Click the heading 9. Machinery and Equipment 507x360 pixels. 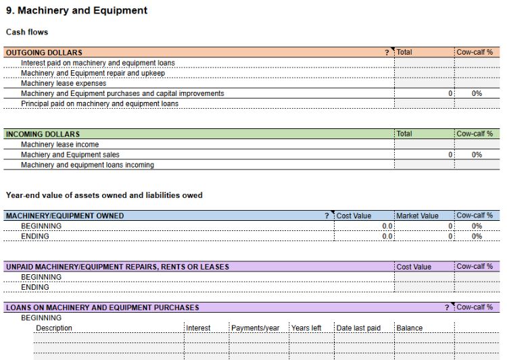tap(76, 11)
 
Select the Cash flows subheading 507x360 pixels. tap(27, 32)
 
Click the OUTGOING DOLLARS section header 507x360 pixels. tap(44, 53)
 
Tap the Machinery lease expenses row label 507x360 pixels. tap(64, 83)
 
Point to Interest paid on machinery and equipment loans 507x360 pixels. tap(97, 63)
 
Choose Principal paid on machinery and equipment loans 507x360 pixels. tap(99, 103)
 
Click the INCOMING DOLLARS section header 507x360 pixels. tap(43, 134)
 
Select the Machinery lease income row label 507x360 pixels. tap(59, 145)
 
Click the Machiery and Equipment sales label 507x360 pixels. tap(70, 155)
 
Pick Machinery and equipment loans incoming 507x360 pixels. tap(87, 165)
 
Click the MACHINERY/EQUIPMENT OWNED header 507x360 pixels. tap(65, 216)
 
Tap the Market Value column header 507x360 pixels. tap(417, 216)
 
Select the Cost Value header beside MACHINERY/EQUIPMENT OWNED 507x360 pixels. tap(354, 216)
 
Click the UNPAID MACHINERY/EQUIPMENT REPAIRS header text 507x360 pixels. tap(118, 267)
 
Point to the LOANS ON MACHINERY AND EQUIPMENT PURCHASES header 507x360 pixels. tap(103, 307)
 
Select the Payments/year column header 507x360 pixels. tap(256, 328)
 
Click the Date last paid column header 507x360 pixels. tap(358, 328)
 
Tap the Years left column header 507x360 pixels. tap(306, 328)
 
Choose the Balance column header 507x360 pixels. tap(409, 328)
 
